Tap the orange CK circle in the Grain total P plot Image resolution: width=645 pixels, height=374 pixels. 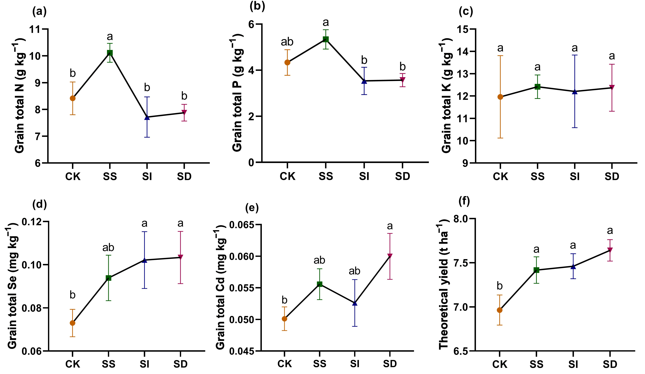click(x=287, y=62)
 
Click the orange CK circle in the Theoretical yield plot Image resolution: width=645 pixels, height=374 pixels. click(x=500, y=310)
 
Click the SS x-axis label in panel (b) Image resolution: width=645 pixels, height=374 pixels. click(x=326, y=176)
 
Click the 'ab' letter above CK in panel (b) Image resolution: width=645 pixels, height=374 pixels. click(x=287, y=42)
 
